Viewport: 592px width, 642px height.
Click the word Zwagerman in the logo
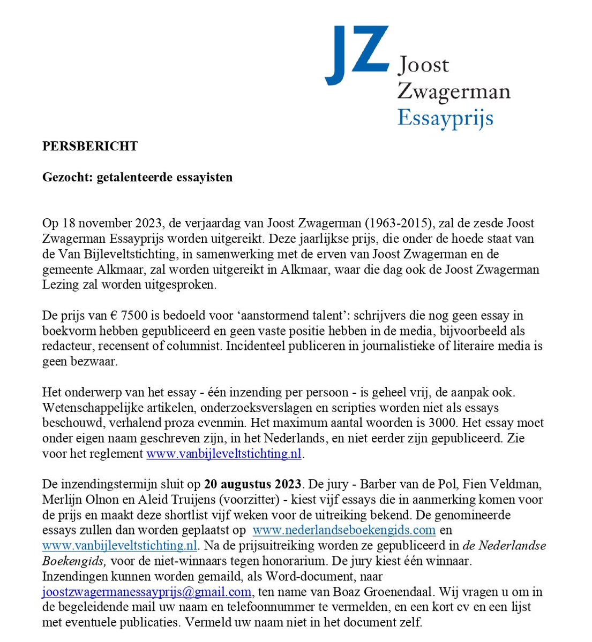(453, 91)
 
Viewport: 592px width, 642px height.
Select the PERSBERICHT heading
(90, 146)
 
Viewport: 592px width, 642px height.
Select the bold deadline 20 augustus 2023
(252, 485)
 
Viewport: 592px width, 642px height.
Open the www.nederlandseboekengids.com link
(343, 531)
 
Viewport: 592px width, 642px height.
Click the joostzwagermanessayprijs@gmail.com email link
(147, 592)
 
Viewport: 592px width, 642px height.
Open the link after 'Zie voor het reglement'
(225, 454)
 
